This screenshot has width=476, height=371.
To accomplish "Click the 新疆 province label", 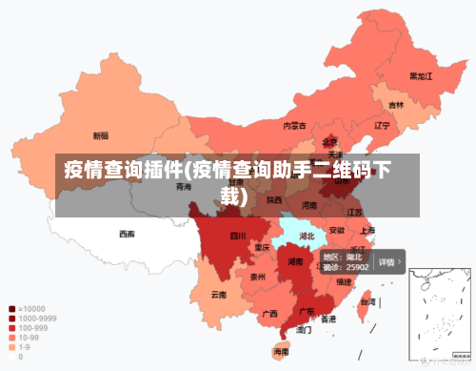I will pyautogui.click(x=100, y=135).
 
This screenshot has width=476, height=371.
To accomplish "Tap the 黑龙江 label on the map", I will pyautogui.click(x=421, y=75).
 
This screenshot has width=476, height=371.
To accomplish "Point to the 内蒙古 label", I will pyautogui.click(x=294, y=125).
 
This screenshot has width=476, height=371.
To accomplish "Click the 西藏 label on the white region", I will pyautogui.click(x=128, y=233).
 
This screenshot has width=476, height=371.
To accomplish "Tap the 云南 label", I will pyautogui.click(x=219, y=295).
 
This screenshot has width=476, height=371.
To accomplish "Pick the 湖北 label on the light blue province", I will pyautogui.click(x=307, y=235).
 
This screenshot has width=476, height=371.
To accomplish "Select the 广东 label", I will pyautogui.click(x=307, y=310).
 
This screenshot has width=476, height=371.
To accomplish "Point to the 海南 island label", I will pyautogui.click(x=282, y=352).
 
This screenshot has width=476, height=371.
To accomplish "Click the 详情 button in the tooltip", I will pyautogui.click(x=388, y=261).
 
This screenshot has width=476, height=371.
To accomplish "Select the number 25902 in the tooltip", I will pyautogui.click(x=358, y=268).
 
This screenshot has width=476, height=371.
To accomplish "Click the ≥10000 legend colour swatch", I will pyautogui.click(x=11, y=309).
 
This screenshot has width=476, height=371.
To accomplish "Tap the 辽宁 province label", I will pyautogui.click(x=383, y=125).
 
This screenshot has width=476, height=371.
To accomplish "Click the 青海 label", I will pyautogui.click(x=183, y=187).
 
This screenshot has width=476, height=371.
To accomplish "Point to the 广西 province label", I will pyautogui.click(x=269, y=313).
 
